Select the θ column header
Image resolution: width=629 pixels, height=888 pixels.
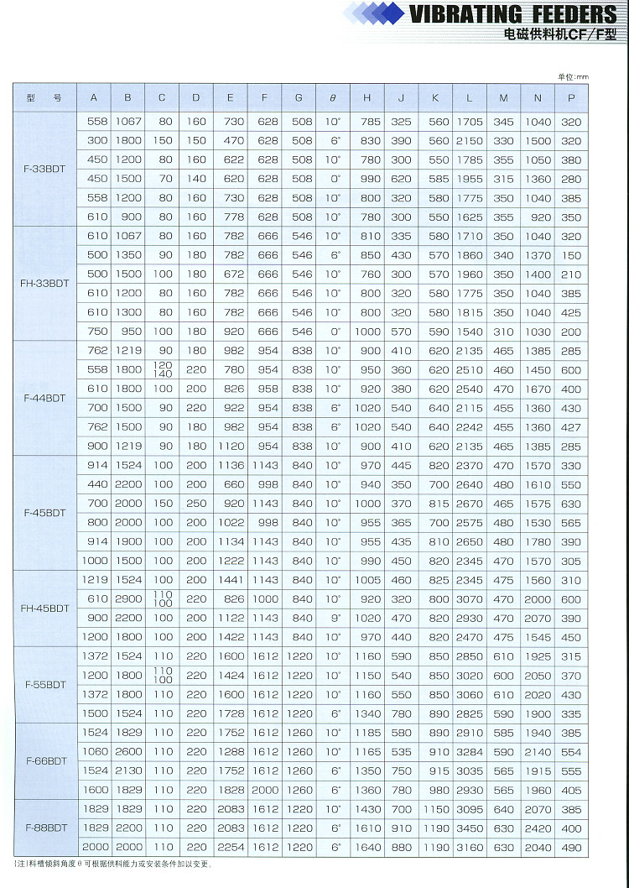tap(332, 98)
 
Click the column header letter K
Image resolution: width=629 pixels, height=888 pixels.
tap(434, 98)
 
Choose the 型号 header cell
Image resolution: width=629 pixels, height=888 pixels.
tap(44, 98)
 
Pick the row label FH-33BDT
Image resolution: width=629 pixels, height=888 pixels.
tap(44, 284)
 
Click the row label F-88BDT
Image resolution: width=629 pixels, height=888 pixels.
tap(44, 828)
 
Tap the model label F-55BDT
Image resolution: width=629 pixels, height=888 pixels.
tap(44, 685)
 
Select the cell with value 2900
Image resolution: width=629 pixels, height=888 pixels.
tap(127, 599)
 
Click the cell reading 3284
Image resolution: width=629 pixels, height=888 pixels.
tap(469, 752)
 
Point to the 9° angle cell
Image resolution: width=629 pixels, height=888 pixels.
tap(333, 619)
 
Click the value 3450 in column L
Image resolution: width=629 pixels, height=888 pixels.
tap(469, 828)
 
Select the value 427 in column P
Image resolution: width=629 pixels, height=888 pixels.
tap(571, 427)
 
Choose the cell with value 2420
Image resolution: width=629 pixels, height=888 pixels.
tap(538, 828)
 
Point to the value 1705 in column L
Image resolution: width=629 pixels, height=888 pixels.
tap(469, 122)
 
